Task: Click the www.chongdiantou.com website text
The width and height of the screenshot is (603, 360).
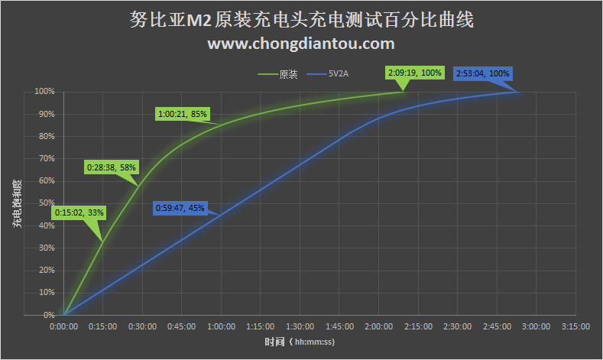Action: tap(301, 44)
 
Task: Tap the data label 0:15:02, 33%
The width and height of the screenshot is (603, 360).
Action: tap(79, 212)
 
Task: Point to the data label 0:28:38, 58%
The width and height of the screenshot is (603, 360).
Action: tap(111, 167)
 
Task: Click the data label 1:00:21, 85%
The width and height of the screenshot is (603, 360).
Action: tap(183, 115)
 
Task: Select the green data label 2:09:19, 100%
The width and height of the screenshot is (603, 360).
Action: tap(415, 73)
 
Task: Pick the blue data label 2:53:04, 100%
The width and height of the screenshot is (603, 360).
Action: tap(482, 73)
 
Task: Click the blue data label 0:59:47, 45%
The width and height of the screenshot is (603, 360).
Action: tap(180, 207)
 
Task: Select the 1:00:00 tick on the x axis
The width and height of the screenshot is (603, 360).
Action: tap(221, 326)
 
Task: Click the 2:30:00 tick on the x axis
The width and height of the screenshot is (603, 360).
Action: tap(457, 326)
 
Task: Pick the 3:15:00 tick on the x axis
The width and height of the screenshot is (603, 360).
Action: tap(575, 326)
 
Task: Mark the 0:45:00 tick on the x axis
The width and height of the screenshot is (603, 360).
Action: tap(181, 326)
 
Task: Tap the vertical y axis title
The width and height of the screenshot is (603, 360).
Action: tap(17, 203)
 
